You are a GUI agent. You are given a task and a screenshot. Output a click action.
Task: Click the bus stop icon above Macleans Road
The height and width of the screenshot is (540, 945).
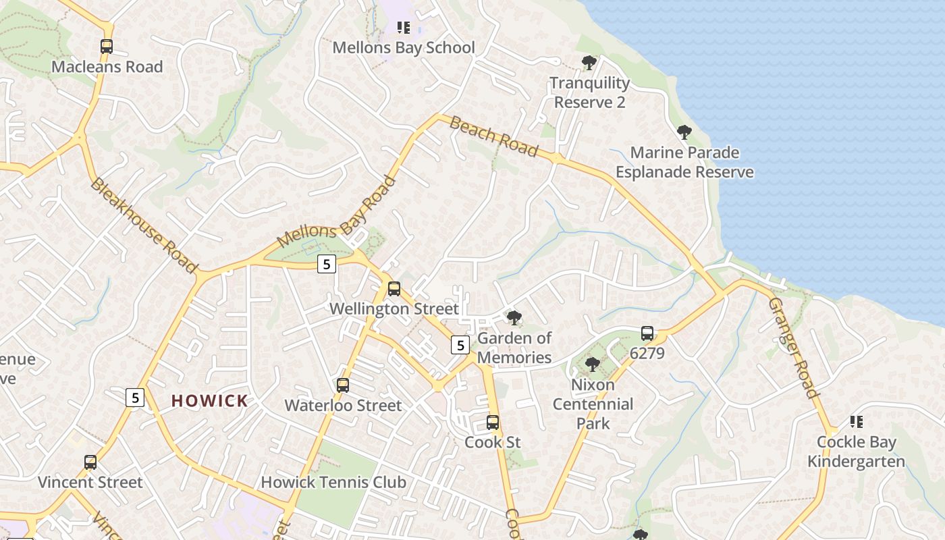107,47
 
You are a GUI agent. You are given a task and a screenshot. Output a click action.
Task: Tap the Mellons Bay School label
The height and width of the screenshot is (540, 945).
404,48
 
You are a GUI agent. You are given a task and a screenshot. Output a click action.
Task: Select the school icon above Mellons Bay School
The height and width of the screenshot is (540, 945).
404,28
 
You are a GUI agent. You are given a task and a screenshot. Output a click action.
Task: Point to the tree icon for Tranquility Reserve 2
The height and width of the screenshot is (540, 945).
589,63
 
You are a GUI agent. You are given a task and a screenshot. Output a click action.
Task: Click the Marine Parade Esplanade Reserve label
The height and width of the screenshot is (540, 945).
684,162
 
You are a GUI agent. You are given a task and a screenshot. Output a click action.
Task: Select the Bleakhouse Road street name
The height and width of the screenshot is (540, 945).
144,225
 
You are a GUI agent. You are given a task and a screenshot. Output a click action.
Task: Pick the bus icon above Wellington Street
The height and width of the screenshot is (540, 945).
394,289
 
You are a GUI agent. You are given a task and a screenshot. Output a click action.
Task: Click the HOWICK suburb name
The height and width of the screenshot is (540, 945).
210,401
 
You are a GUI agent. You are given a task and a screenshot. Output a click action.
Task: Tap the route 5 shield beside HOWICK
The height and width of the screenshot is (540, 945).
135,398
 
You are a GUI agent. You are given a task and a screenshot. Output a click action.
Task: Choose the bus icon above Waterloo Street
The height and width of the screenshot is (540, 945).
343,385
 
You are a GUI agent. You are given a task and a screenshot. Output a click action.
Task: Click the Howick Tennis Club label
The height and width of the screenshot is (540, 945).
333,482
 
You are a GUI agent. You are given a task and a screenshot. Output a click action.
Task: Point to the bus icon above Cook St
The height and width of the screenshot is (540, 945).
493,423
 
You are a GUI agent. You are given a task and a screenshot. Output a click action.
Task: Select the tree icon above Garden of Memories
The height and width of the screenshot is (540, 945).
514,317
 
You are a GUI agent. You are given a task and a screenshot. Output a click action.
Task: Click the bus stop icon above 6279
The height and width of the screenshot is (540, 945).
647,333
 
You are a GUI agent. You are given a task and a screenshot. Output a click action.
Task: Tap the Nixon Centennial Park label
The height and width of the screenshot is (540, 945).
593,404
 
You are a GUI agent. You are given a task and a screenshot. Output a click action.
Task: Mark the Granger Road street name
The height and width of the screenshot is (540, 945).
794,348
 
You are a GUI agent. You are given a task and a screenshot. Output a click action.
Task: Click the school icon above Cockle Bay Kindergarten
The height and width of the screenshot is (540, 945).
857,422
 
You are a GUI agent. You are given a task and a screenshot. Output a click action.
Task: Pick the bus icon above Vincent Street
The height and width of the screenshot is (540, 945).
90,462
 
